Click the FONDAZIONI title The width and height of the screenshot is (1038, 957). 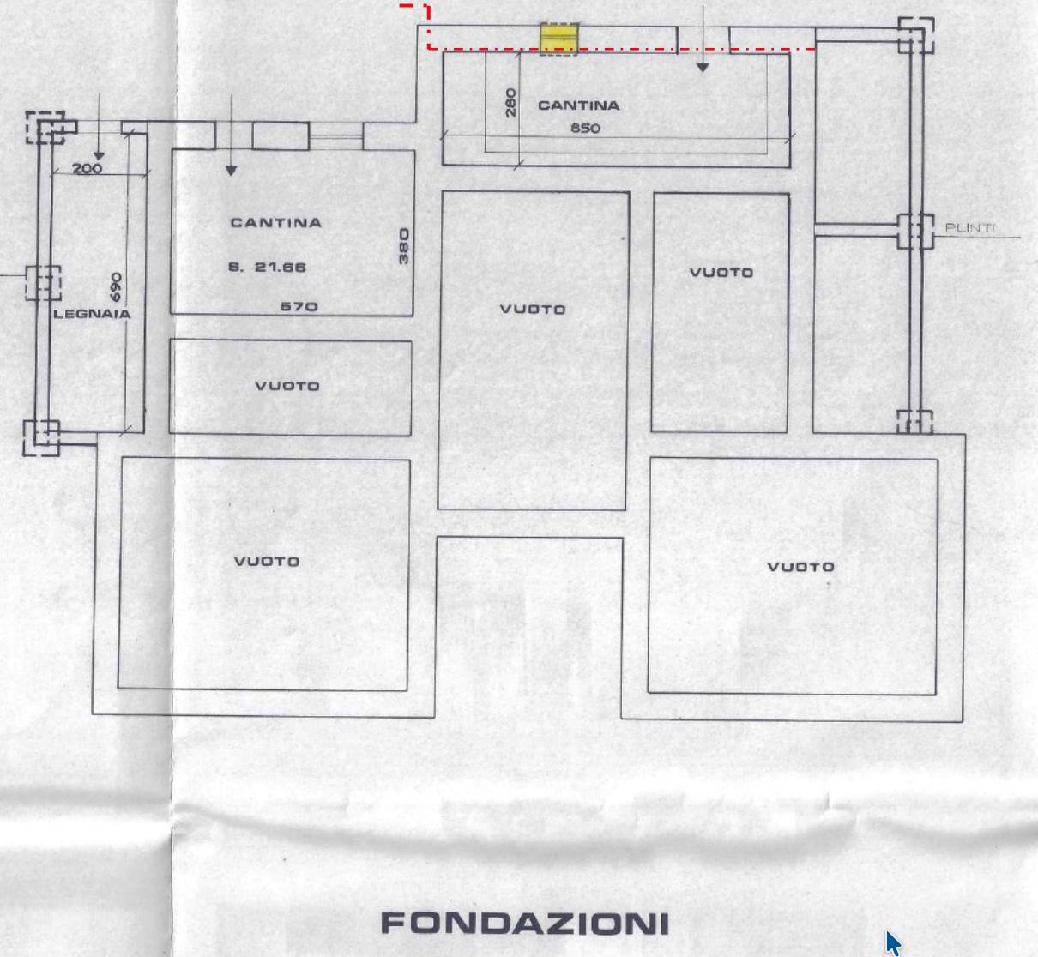[x=525, y=923]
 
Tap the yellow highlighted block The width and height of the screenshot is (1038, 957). [x=559, y=39]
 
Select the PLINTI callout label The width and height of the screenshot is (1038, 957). [x=969, y=228]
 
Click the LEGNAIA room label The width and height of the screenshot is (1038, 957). [x=92, y=314]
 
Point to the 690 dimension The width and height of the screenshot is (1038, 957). [x=116, y=287]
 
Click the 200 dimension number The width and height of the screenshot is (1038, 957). [x=88, y=168]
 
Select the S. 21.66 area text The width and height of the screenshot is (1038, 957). [x=267, y=267]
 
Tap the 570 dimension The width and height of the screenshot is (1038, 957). [x=299, y=306]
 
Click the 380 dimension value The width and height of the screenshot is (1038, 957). [x=404, y=246]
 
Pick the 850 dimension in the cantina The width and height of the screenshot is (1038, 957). [x=585, y=128]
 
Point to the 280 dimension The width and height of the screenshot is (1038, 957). [x=510, y=102]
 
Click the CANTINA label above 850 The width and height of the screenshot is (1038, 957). [x=578, y=105]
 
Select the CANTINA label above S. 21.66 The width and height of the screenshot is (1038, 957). [x=276, y=223]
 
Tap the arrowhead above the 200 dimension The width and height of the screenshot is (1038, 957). [x=99, y=156]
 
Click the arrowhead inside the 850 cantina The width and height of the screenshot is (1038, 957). [x=703, y=68]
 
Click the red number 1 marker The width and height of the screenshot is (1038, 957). [x=427, y=12]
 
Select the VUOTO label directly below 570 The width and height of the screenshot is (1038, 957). [x=287, y=386]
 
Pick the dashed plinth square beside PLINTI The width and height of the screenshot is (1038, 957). [x=915, y=231]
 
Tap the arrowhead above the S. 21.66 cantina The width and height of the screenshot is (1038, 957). [x=231, y=171]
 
